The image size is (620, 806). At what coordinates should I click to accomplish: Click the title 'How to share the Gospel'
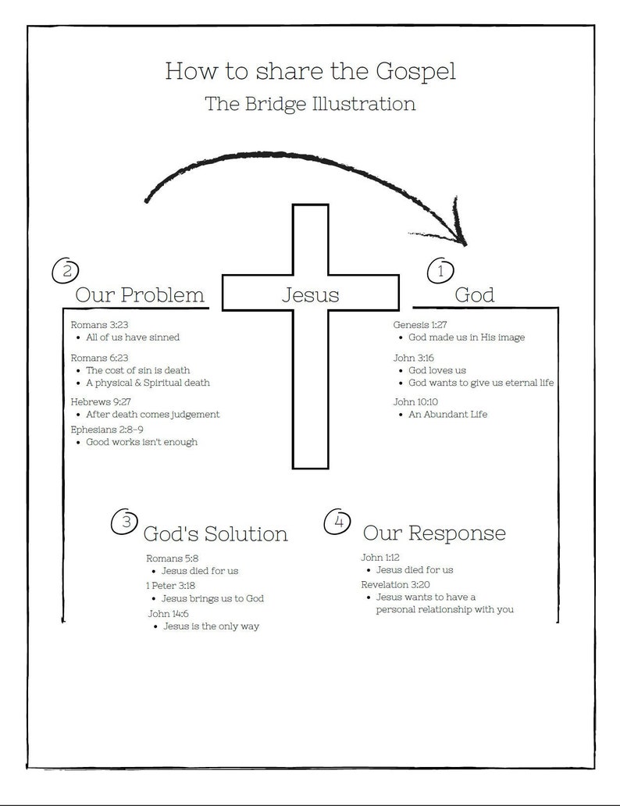310,71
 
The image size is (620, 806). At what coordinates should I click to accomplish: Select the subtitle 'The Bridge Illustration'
310,104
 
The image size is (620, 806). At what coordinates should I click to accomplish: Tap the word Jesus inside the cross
310,295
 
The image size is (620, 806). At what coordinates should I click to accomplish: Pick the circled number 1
440,271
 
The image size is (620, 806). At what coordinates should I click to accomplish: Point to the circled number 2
67,271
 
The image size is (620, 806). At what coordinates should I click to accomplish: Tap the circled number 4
337,522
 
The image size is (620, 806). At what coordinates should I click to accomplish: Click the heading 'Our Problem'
140,295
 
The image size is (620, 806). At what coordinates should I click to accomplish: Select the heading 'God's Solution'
216,534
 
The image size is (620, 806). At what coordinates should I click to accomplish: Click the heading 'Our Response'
434,533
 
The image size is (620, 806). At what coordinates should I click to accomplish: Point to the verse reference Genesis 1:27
420,323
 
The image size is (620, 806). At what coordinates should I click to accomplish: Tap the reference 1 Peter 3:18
171,585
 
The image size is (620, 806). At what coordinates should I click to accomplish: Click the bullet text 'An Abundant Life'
447,415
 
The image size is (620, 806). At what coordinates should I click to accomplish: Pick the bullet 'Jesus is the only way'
211,626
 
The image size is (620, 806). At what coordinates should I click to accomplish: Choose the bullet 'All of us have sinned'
133,337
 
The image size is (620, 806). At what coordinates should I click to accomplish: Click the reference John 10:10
415,401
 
